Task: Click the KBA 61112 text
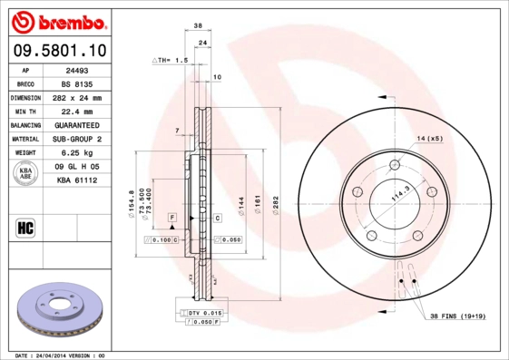pyautogui.click(x=75, y=180)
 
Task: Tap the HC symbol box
pyautogui.click(x=24, y=227)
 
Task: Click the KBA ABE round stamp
pyautogui.click(x=25, y=173)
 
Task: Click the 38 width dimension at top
pyautogui.click(x=198, y=27)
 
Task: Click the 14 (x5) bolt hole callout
pyautogui.click(x=429, y=138)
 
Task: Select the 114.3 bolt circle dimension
pyautogui.click(x=400, y=193)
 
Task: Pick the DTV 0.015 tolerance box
pyautogui.click(x=203, y=313)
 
